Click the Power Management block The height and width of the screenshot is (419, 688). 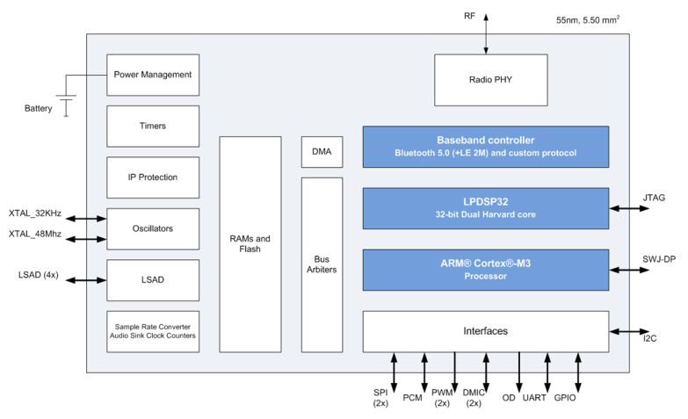click(x=153, y=75)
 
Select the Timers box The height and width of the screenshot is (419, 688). click(x=153, y=126)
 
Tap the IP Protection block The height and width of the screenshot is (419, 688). click(x=153, y=177)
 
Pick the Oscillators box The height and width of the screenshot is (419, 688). click(x=153, y=229)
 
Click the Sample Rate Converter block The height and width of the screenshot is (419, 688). click(x=153, y=332)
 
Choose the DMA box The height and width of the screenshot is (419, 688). click(x=322, y=152)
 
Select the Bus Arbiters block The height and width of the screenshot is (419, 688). click(x=322, y=264)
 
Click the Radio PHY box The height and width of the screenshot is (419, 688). click(x=490, y=80)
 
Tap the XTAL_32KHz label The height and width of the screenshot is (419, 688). click(x=35, y=213)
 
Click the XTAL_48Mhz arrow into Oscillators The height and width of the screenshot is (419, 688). click(x=86, y=239)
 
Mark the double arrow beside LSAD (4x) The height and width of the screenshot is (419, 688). click(x=86, y=280)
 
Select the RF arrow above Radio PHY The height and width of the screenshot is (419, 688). click(x=486, y=33)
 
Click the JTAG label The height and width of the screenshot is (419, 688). click(x=654, y=198)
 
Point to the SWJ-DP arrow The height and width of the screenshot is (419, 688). click(x=629, y=271)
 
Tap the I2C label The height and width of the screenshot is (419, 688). click(x=650, y=338)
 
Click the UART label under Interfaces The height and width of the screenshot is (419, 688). click(x=534, y=398)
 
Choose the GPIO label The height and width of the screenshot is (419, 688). click(x=565, y=398)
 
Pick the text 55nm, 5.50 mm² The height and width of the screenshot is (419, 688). click(x=588, y=19)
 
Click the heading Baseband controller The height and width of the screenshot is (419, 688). click(x=486, y=141)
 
